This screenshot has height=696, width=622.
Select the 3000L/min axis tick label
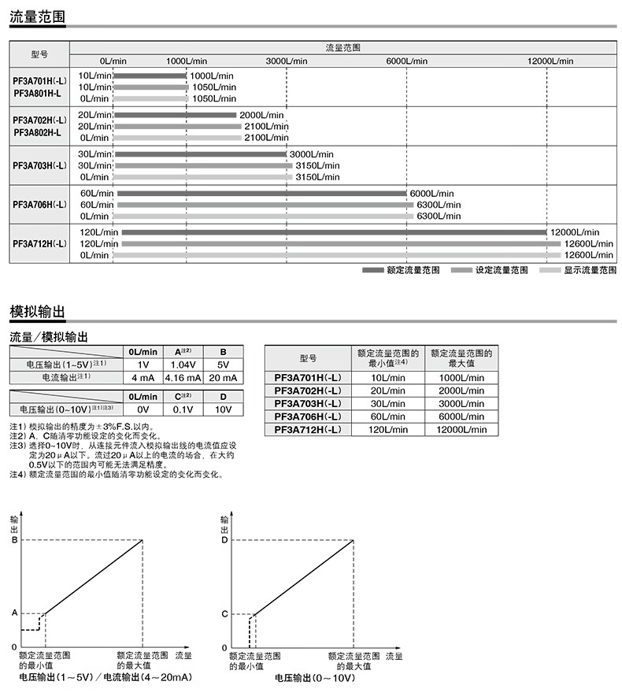tap(287, 61)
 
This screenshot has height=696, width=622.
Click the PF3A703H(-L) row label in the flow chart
tap(39, 165)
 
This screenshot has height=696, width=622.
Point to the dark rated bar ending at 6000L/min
tap(261, 193)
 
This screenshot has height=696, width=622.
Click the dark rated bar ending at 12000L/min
tap(334, 232)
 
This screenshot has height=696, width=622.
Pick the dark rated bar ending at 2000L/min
tap(175, 115)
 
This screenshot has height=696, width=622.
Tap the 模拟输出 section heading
tap(36, 312)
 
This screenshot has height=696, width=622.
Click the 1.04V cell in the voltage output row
tap(183, 365)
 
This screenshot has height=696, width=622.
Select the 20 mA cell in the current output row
tap(223, 378)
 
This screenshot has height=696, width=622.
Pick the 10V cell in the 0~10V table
tap(223, 409)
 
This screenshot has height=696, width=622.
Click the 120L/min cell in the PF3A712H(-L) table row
tap(389, 429)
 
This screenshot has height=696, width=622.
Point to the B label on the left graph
tap(13, 540)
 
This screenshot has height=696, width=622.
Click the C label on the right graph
tap(224, 613)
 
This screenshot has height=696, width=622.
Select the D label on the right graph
tap(224, 540)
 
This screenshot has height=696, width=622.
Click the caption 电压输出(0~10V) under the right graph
tap(314, 677)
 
